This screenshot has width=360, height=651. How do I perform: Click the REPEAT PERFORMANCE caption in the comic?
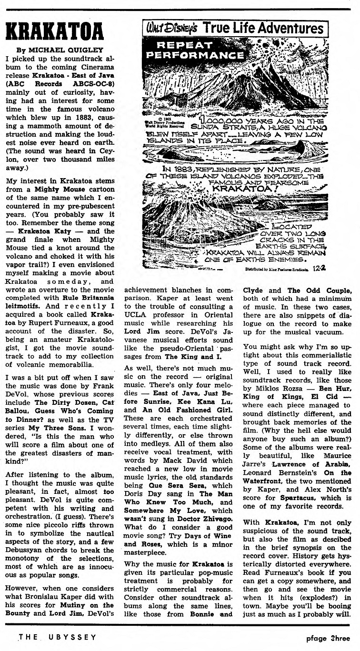coord(179,50)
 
